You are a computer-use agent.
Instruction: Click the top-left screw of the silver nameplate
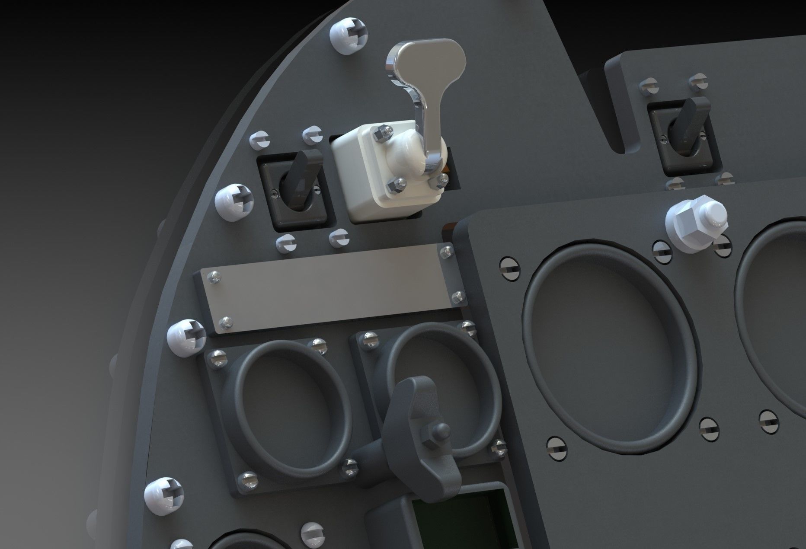(213, 277)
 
